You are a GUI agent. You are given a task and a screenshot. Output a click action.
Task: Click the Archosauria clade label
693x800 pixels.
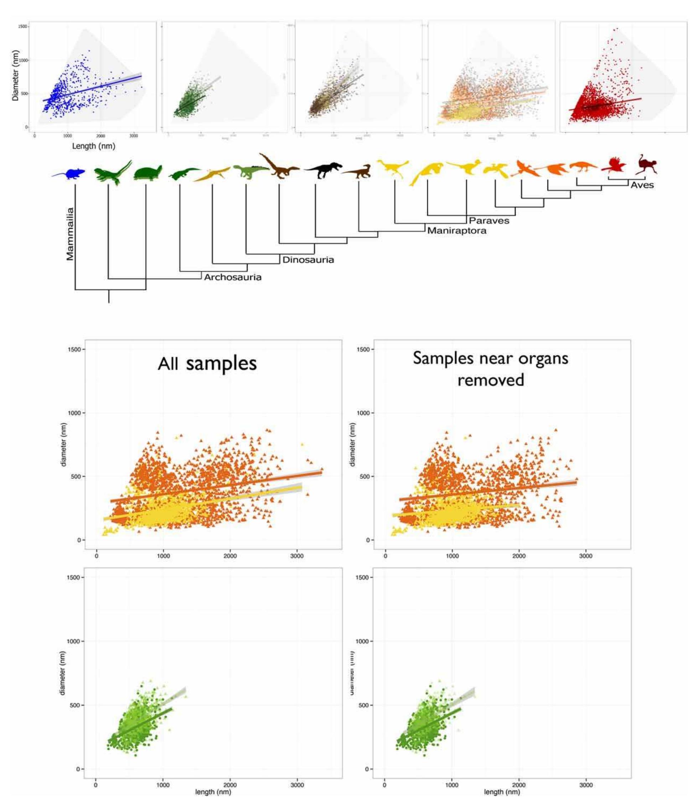tap(232, 277)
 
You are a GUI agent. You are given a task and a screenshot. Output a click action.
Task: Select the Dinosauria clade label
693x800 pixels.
tap(308, 259)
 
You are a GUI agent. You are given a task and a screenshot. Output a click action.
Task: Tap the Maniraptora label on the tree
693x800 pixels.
tap(456, 231)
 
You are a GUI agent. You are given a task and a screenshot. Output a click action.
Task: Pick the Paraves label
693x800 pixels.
tap(489, 221)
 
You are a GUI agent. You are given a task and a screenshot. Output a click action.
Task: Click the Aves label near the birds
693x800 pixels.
tap(642, 185)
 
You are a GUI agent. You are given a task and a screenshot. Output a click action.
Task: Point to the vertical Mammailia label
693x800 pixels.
tap(70, 234)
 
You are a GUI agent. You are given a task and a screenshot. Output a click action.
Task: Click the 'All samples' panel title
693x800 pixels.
tap(207, 363)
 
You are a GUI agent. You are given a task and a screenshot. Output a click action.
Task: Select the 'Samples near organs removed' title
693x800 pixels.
tap(490, 369)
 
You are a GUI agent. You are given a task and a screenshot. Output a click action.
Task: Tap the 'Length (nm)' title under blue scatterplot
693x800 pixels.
tap(94, 146)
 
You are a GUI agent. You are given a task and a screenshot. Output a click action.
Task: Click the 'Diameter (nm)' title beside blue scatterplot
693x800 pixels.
tap(15, 75)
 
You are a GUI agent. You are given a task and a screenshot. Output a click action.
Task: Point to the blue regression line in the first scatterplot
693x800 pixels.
tap(97, 89)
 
